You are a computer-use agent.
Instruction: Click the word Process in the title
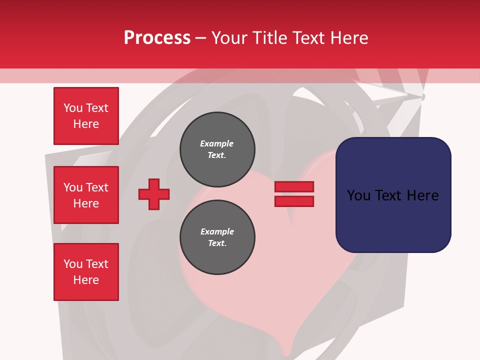click(x=157, y=38)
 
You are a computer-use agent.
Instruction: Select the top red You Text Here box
click(x=86, y=116)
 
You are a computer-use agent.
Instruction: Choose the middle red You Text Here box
click(x=86, y=195)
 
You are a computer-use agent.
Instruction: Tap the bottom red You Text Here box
click(x=86, y=272)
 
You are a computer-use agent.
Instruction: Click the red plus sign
click(x=154, y=194)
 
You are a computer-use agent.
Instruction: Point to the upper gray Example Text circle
click(x=217, y=149)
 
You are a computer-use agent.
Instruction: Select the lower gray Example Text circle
click(x=217, y=237)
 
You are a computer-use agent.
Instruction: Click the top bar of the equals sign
click(x=294, y=186)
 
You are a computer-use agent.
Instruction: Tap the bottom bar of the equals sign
click(x=294, y=201)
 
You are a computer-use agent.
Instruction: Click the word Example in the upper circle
click(x=217, y=143)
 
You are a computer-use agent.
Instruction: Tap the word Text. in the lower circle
click(x=217, y=243)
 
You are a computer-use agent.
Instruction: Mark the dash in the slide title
click(x=201, y=38)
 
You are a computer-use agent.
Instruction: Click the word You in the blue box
click(x=358, y=195)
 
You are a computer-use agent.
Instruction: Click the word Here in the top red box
click(x=86, y=124)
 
